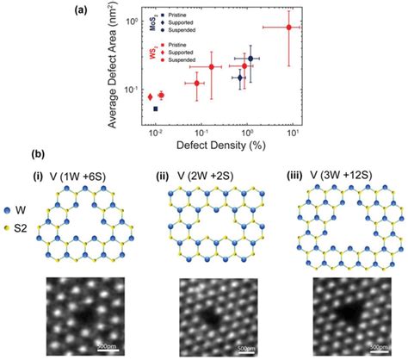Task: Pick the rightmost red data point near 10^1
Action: point(288,28)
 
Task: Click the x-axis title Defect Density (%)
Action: point(226,146)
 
